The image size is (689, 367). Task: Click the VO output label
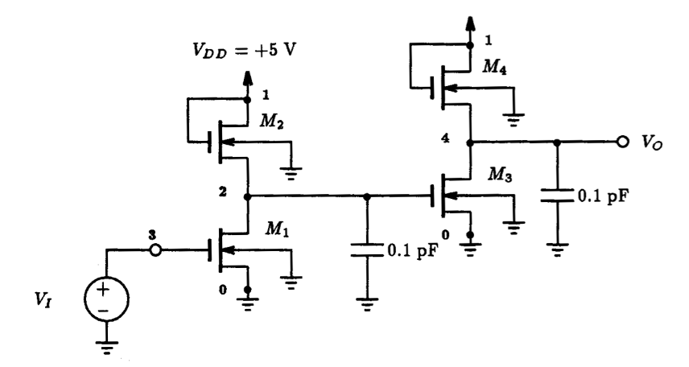652,142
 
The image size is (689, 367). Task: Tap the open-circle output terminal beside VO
621,142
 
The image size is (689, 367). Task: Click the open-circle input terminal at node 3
155,250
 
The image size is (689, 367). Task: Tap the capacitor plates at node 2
367,249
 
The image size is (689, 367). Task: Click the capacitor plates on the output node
556,196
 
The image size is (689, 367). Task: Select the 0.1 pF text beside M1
412,249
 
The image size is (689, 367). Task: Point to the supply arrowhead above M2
247,79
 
